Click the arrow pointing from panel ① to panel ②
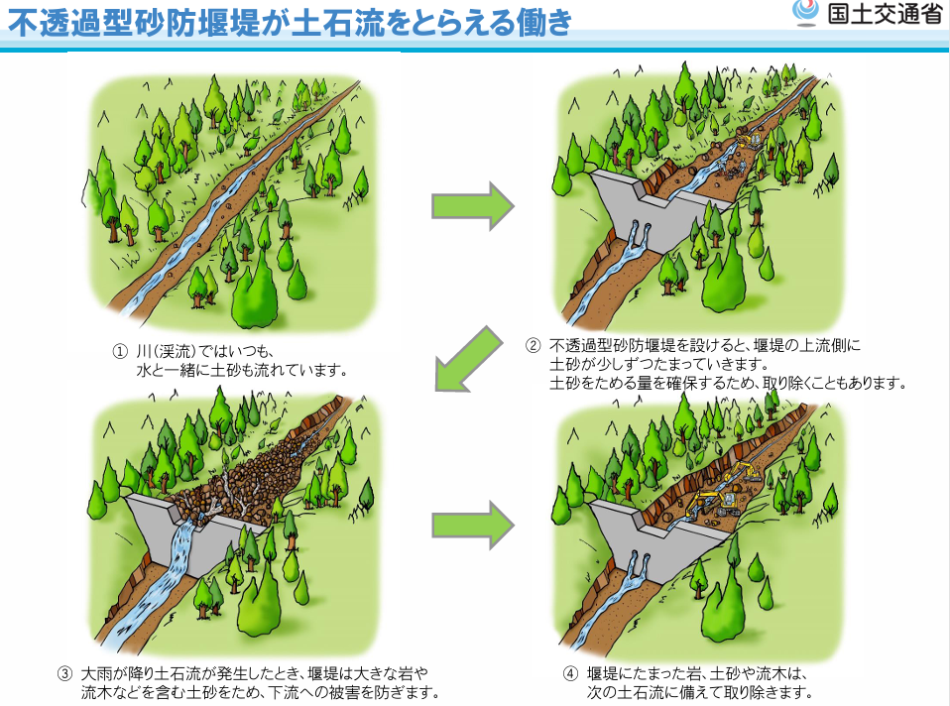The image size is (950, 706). (x=473, y=207)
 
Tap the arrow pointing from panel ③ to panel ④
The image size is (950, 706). (x=473, y=525)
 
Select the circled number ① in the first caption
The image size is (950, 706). (x=119, y=351)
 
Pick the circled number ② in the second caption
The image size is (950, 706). (x=534, y=346)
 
